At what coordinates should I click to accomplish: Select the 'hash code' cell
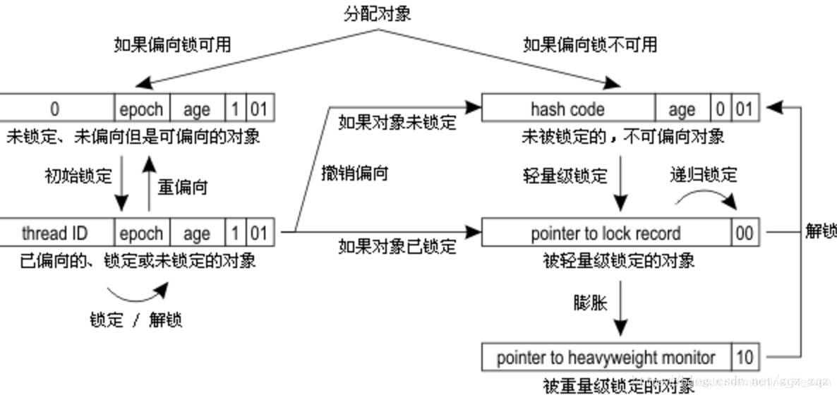[x=567, y=109]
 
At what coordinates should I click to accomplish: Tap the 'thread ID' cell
[x=54, y=233]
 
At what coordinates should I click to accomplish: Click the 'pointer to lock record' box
[x=606, y=233]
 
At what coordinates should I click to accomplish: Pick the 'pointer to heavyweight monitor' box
[x=606, y=358]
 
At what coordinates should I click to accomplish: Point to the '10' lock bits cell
[x=745, y=358]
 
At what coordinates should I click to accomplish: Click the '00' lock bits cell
[x=745, y=233]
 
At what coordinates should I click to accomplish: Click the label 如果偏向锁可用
[x=172, y=45]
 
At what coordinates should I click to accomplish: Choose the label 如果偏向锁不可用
[x=590, y=45]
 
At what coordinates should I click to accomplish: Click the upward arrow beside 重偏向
[x=149, y=185]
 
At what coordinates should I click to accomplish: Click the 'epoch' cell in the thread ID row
[x=141, y=233]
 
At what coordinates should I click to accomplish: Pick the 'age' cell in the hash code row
[x=681, y=109]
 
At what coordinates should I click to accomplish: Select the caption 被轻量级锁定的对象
[x=619, y=261]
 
